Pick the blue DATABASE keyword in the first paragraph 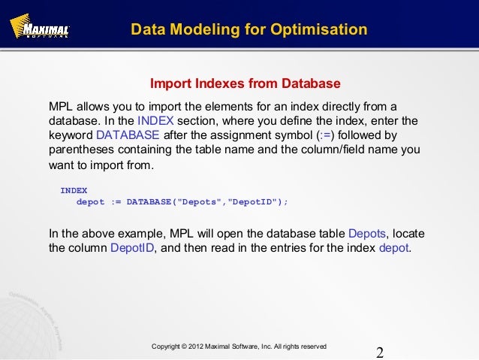pos(128,135)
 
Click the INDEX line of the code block pos(74,191)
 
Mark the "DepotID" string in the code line pos(252,202)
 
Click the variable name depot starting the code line pos(91,202)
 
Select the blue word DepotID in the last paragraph pos(132,249)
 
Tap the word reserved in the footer pos(312,346)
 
